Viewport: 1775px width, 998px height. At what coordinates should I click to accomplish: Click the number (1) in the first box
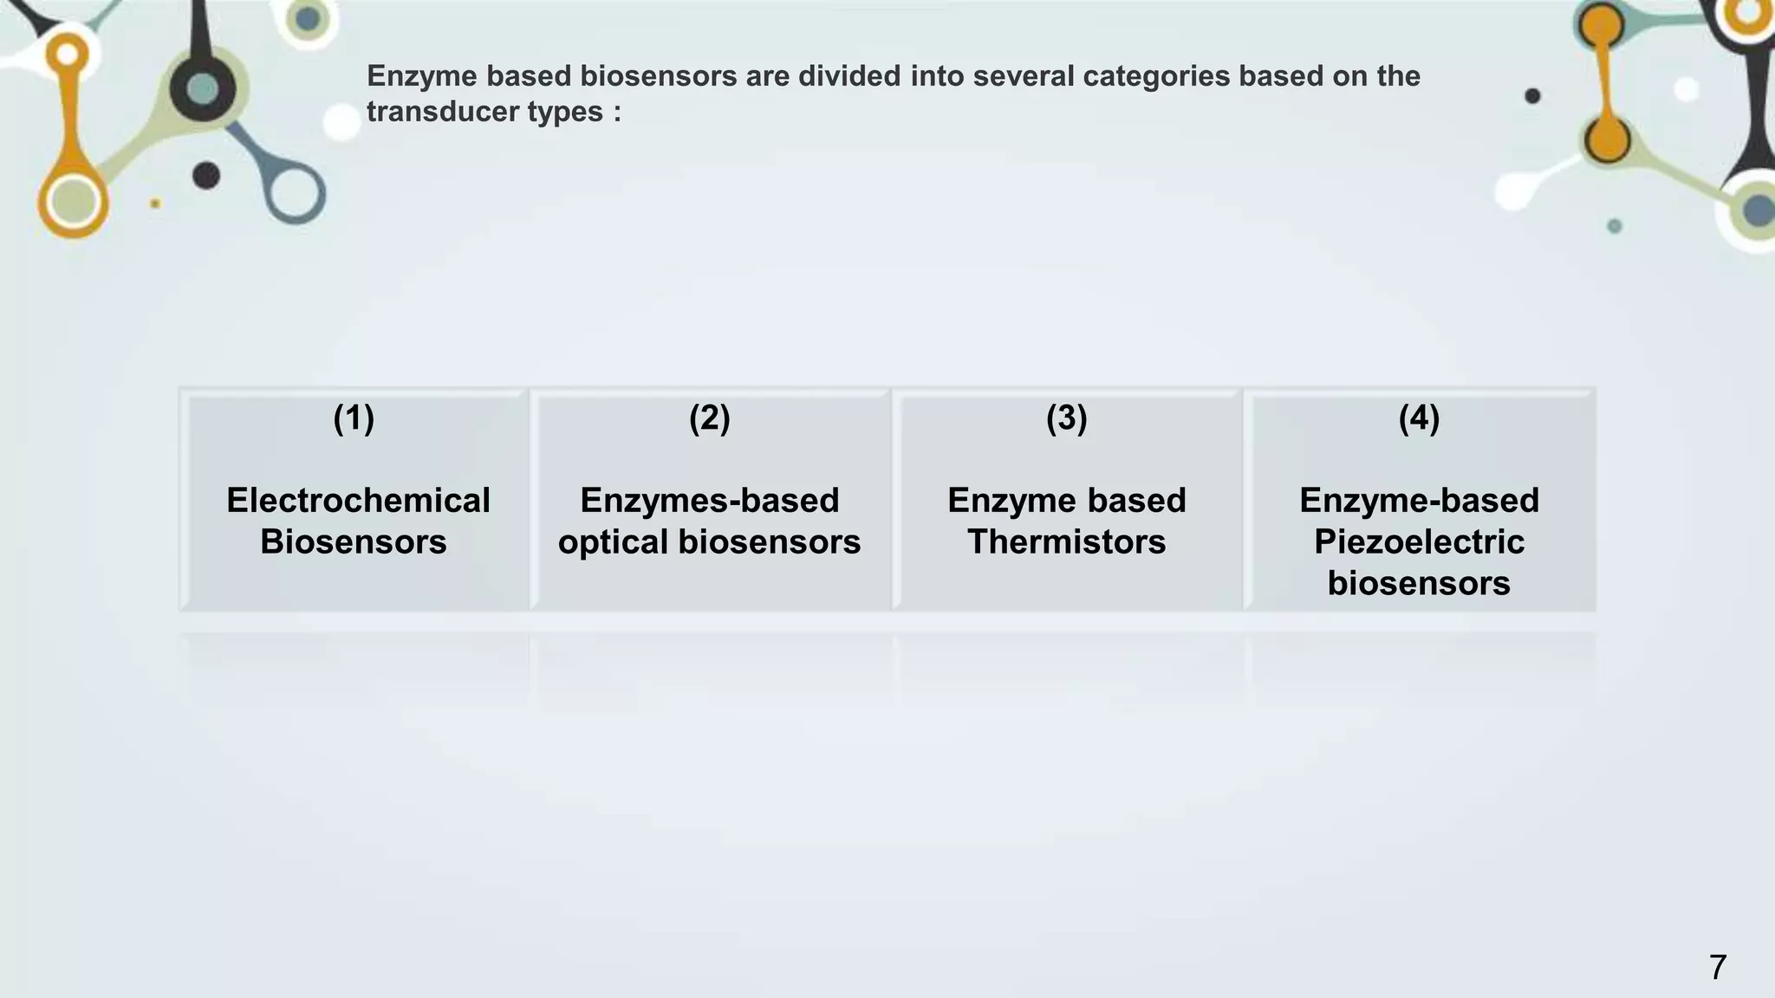point(354,418)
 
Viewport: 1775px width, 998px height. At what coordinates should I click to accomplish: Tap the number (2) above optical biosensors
point(709,418)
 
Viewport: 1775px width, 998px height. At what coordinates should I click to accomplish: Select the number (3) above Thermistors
point(1066,418)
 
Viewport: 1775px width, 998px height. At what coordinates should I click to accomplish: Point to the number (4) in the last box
point(1419,418)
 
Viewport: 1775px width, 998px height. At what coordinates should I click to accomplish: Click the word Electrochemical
point(358,501)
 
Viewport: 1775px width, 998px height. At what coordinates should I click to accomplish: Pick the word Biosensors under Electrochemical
point(354,542)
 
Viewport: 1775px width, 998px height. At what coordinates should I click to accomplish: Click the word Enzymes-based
point(710,501)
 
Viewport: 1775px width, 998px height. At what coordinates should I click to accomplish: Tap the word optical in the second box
point(613,542)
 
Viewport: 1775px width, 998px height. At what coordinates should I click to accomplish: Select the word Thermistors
point(1067,542)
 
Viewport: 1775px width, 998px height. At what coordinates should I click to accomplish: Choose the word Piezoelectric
point(1419,542)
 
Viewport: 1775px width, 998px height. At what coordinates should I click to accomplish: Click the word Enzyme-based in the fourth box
point(1419,501)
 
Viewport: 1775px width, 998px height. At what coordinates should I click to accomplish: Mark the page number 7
point(1717,967)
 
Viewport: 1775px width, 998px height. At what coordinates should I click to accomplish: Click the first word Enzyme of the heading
point(421,76)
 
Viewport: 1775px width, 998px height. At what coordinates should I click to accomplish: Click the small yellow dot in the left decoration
point(155,204)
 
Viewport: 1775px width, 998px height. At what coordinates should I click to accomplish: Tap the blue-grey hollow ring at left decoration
point(295,192)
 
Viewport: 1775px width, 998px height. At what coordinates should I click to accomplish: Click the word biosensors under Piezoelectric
point(1419,584)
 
